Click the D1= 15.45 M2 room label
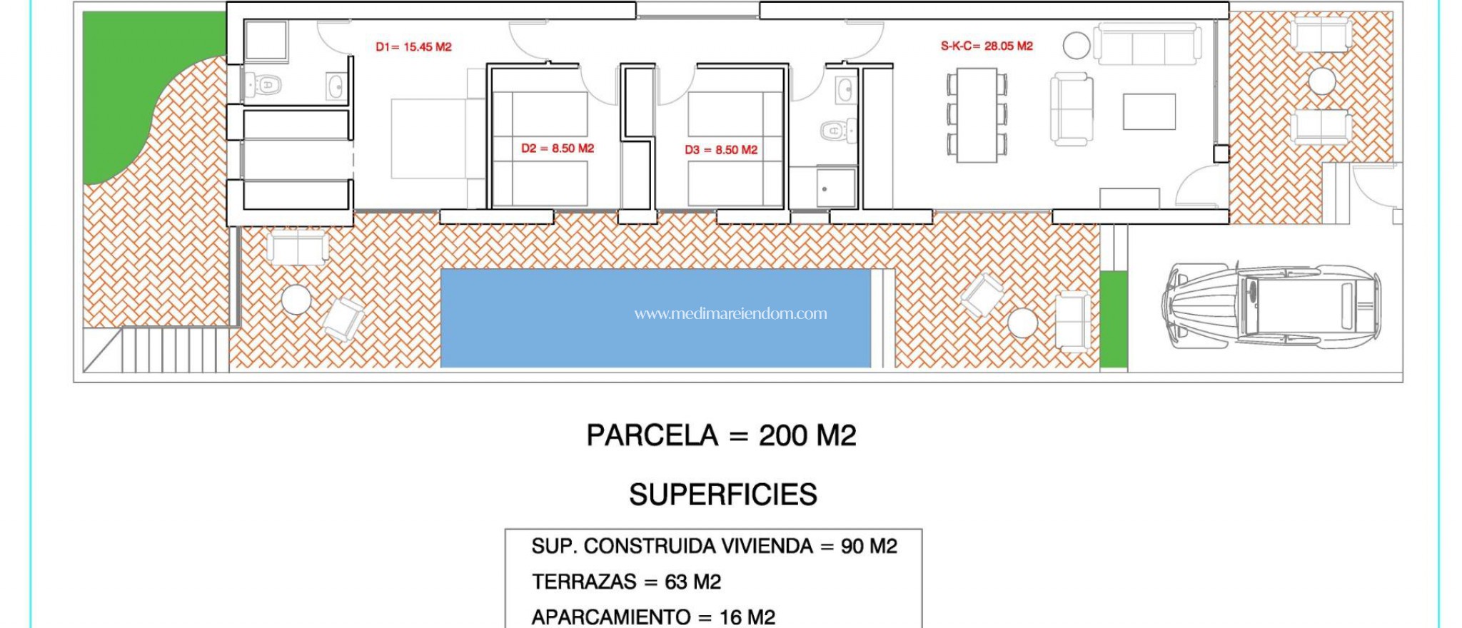[x=413, y=47]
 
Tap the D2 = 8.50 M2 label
[x=558, y=148]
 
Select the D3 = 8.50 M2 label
[x=721, y=150]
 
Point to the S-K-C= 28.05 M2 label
[x=987, y=46]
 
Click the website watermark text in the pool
[x=730, y=313]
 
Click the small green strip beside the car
[x=1113, y=318]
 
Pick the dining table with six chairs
[x=977, y=115]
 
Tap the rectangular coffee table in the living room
[x=1149, y=111]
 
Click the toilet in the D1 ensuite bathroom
[x=264, y=85]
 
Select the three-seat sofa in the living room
[x=1148, y=44]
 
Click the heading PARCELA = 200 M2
[x=721, y=435]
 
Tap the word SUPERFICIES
[x=722, y=495]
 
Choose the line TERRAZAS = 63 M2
[x=626, y=582]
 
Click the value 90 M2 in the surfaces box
[x=869, y=547]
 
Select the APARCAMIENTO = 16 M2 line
[x=653, y=617]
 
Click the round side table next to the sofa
[x=1076, y=46]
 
